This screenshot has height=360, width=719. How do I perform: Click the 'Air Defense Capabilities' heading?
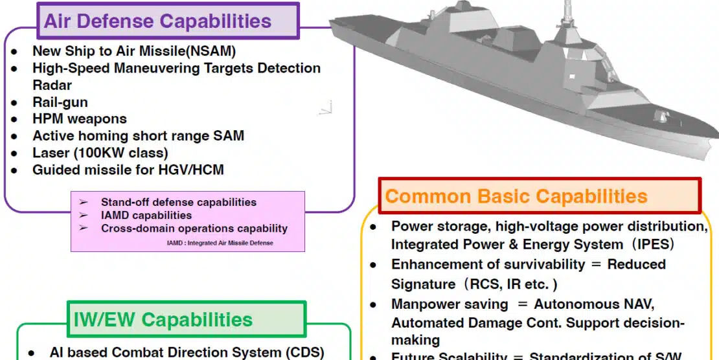point(157,21)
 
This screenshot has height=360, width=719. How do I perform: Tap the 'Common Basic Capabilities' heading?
point(516,196)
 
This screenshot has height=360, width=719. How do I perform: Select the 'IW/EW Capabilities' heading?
point(162,319)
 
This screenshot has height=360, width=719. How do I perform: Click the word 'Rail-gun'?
point(60,102)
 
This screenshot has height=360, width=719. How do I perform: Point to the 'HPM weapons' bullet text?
point(80,119)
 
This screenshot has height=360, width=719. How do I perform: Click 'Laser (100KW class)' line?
point(100,153)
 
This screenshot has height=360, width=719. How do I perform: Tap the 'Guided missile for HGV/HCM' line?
point(128,170)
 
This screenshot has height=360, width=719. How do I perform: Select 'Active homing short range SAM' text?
point(138,136)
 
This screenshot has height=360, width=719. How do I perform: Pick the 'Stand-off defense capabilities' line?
point(178,202)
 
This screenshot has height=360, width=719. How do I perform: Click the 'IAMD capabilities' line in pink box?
point(146,215)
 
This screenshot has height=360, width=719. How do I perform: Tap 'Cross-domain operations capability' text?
point(194,228)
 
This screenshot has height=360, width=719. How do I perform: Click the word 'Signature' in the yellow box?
point(423,284)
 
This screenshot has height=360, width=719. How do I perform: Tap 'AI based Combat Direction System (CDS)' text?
point(187,352)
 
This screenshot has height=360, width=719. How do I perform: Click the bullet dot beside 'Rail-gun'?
point(14,102)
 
